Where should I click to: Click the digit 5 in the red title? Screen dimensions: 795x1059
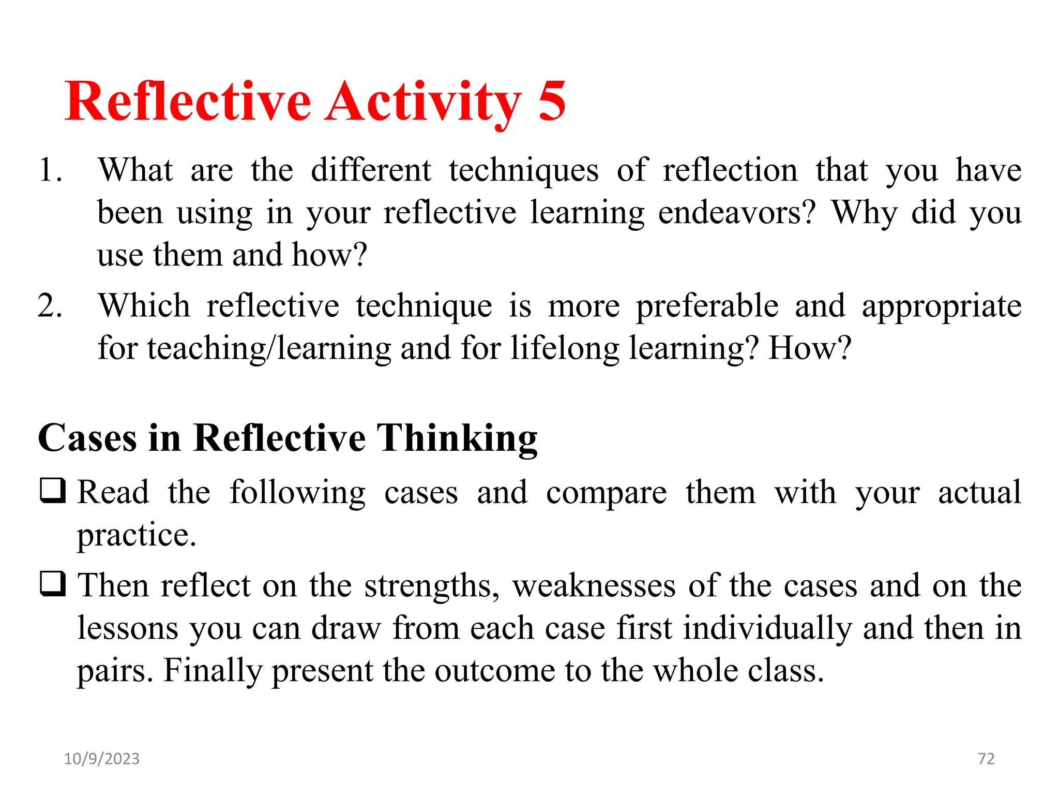[x=552, y=101]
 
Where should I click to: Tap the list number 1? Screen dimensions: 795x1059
[x=50, y=170]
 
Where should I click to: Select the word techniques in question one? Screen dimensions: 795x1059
[x=523, y=171]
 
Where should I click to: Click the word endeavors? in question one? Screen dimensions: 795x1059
[x=736, y=213]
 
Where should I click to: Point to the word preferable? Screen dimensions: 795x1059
[x=707, y=306]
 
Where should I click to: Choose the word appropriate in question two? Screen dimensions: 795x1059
[x=941, y=306]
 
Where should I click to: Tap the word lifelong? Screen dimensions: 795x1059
[x=565, y=348]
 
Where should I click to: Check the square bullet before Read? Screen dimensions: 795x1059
[x=53, y=491]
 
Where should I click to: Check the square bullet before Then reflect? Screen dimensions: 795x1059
[x=53, y=584]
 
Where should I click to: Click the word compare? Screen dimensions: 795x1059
[x=606, y=493]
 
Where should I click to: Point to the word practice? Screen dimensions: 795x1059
[x=136, y=535]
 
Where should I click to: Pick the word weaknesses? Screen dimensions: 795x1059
[x=594, y=586]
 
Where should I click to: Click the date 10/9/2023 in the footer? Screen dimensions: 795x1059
[x=101, y=759]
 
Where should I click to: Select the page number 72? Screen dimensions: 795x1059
[x=986, y=759]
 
